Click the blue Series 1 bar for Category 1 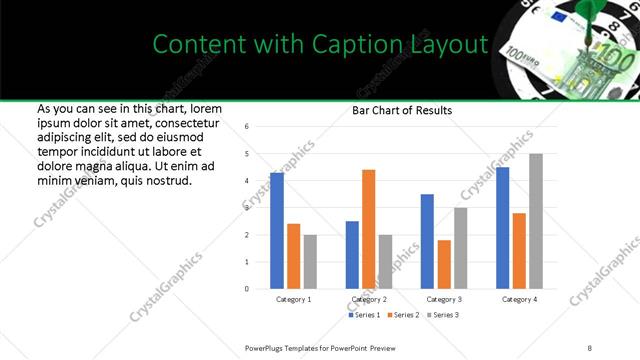pos(277,231)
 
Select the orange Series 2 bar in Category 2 pos(368,229)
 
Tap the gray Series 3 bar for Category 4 pos(536,221)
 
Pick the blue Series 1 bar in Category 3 pos(427,241)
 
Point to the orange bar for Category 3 pos(444,264)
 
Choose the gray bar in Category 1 pos(311,262)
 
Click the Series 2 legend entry pos(404,315)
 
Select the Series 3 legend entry pos(446,315)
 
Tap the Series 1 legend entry pos(363,315)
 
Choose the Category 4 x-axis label pos(519,299)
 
